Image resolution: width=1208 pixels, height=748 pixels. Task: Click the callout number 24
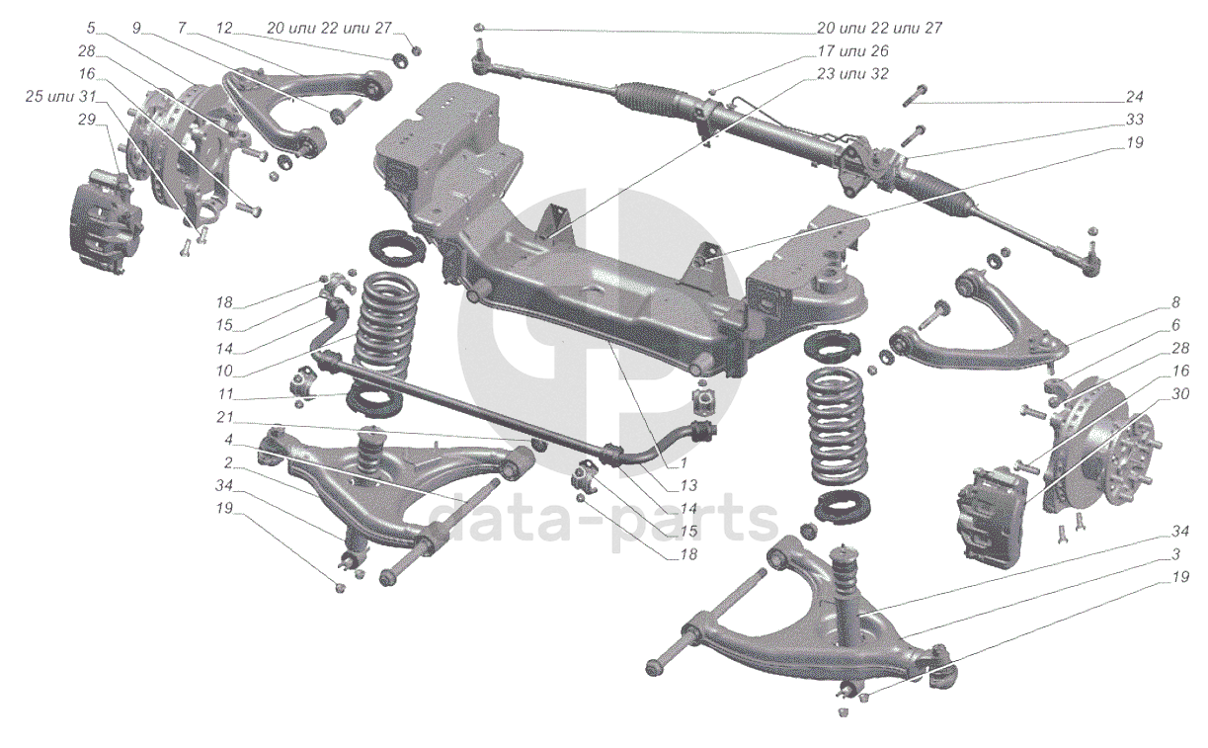click(x=1134, y=97)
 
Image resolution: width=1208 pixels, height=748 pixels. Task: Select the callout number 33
click(x=1134, y=120)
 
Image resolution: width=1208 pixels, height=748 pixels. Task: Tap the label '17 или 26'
click(x=852, y=51)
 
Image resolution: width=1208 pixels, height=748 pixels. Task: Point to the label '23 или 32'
click(x=852, y=74)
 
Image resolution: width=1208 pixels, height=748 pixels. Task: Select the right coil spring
click(x=841, y=425)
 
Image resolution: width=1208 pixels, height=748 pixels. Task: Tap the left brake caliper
click(x=105, y=219)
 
